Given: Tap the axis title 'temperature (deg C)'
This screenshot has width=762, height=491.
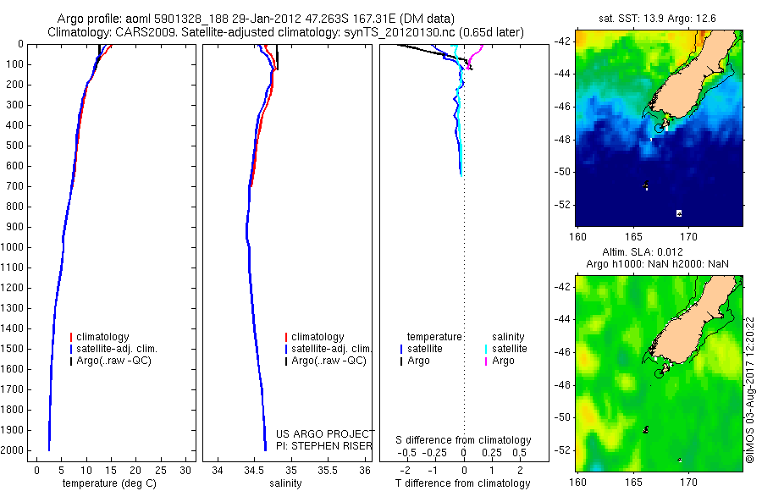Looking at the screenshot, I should click(x=108, y=483).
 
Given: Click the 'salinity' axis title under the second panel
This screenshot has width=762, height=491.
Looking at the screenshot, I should click(x=285, y=483).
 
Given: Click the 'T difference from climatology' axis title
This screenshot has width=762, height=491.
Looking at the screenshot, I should click(x=463, y=483).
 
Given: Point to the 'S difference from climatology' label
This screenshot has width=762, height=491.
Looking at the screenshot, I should click(x=464, y=440).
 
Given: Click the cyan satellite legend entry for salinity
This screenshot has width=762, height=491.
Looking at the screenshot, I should click(x=509, y=349).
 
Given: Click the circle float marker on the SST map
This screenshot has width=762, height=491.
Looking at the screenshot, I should click(x=660, y=128).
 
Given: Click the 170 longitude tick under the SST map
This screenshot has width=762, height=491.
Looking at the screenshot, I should click(x=689, y=234).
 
